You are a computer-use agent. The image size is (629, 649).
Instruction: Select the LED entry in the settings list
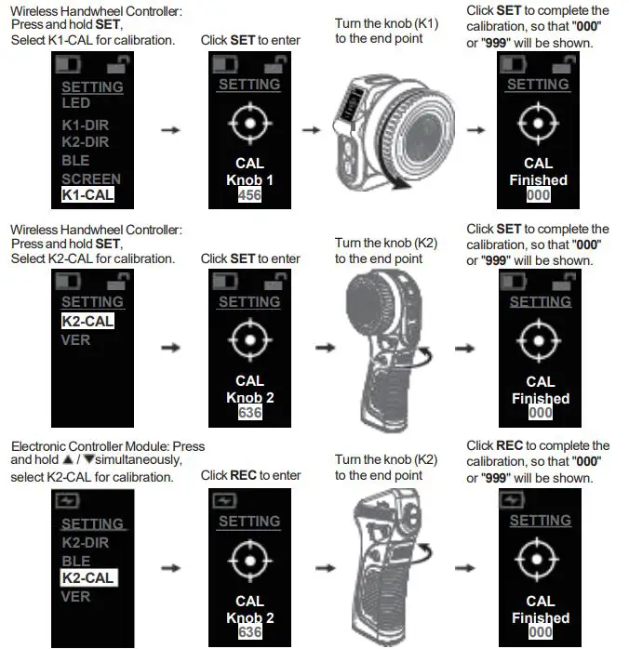[76, 102]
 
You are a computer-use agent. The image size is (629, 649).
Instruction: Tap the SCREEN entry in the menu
[91, 179]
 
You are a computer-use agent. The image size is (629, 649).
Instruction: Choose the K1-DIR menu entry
[86, 125]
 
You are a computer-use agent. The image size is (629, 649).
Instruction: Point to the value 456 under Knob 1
[250, 195]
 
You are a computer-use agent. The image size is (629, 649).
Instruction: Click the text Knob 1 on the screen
[250, 179]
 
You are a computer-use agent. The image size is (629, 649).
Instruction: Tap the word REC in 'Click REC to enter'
[243, 475]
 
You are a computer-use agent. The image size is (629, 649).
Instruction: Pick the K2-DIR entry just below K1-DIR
[86, 142]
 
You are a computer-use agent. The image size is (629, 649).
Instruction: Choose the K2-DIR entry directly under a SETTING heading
[86, 542]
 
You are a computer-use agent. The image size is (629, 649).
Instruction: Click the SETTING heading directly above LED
[92, 86]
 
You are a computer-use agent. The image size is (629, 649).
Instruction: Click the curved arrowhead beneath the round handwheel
[401, 184]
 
